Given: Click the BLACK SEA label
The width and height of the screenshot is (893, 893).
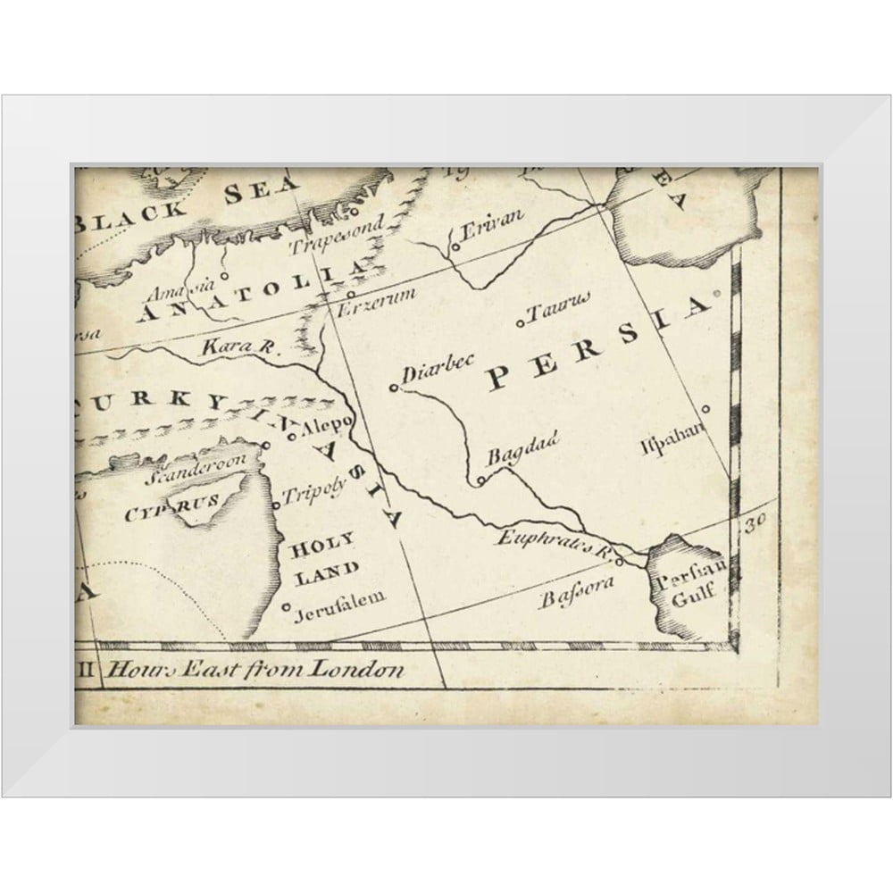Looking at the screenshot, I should point(188,202).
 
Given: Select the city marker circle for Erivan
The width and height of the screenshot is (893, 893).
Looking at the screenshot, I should point(455,246).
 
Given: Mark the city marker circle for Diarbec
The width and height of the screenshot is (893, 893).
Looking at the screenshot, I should point(394,388).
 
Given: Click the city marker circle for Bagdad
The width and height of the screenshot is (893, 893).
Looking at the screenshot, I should point(480,481).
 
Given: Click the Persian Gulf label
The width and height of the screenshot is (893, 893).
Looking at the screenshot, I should point(688,589).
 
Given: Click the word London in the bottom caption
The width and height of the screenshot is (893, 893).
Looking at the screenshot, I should point(357,670).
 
